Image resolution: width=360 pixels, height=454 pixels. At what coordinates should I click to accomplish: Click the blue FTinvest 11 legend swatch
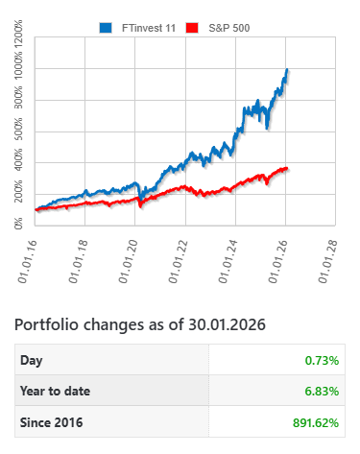106,27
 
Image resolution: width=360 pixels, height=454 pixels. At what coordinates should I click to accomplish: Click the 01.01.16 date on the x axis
29,260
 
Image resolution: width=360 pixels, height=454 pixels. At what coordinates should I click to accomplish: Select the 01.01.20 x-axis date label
129,260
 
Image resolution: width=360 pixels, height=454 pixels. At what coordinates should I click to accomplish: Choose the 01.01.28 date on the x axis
331,260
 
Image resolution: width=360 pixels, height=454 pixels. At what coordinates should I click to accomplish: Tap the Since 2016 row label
51,421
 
